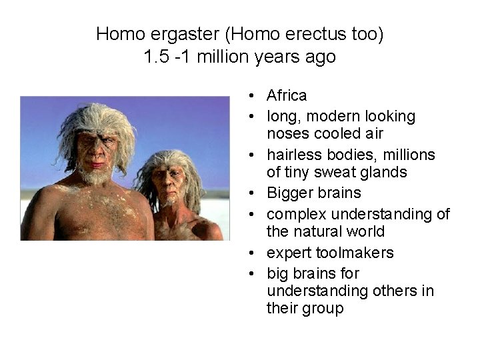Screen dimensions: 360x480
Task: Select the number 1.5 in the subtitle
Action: coord(155,57)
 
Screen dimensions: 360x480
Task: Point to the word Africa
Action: coord(287,96)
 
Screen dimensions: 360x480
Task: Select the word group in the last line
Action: coord(322,309)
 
